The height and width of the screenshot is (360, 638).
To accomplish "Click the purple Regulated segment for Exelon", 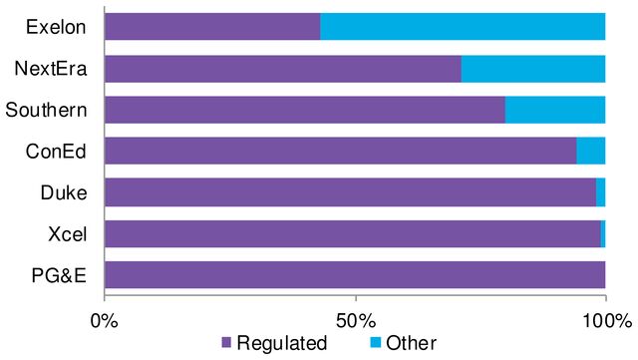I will click(x=212, y=27).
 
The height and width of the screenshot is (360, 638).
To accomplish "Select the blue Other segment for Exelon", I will click(x=463, y=27).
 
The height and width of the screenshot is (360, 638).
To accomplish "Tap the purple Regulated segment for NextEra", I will click(x=282, y=69).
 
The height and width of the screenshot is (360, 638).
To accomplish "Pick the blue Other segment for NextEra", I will click(x=533, y=69).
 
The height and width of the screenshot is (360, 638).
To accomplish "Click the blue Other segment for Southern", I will click(x=555, y=110).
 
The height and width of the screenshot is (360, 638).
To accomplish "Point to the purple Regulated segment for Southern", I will click(x=304, y=110).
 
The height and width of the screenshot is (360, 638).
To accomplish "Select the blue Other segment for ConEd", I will click(x=591, y=151).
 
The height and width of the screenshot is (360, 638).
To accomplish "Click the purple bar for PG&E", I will click(x=354, y=274).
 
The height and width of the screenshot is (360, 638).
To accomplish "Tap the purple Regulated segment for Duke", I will click(x=350, y=191).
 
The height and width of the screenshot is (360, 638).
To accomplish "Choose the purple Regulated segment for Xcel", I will click(x=352, y=233).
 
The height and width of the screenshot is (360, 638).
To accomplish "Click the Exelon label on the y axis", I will click(x=57, y=27).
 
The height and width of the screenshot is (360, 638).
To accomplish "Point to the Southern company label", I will click(x=46, y=110).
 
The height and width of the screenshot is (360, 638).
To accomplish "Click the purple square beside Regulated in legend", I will click(x=225, y=344).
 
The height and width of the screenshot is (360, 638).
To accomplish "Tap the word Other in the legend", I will click(x=411, y=344).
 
